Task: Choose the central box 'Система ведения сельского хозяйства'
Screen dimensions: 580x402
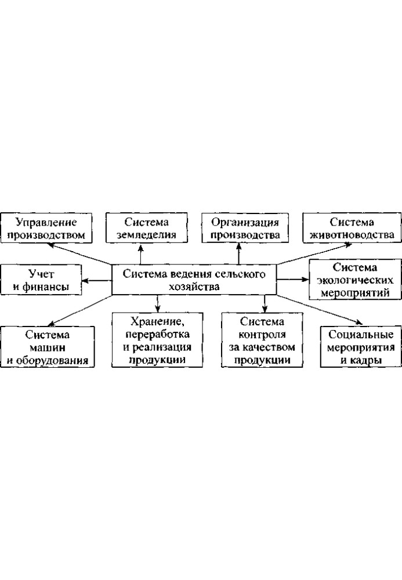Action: [194, 280]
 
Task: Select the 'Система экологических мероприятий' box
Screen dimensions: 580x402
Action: [355, 280]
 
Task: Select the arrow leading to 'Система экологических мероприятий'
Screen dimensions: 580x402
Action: [292, 280]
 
